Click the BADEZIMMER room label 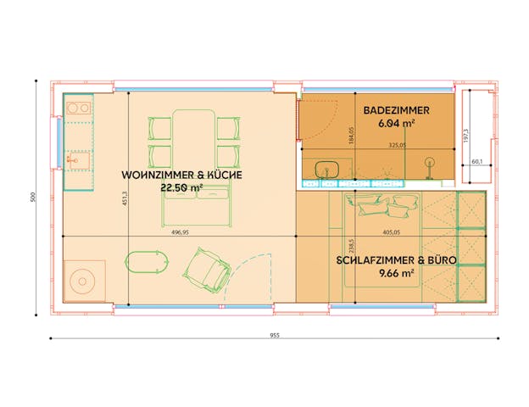click(x=396, y=110)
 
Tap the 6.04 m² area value click(x=396, y=124)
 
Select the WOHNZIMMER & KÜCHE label click(x=182, y=175)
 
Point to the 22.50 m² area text click(x=182, y=188)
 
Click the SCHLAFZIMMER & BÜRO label click(x=397, y=259)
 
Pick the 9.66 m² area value click(x=397, y=273)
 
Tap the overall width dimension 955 click(x=275, y=335)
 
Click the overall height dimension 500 click(x=32, y=197)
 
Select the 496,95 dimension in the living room click(x=179, y=231)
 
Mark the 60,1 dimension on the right click(x=476, y=160)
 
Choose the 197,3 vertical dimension click(x=489, y=136)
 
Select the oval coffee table click(x=143, y=263)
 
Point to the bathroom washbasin click(x=326, y=168)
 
